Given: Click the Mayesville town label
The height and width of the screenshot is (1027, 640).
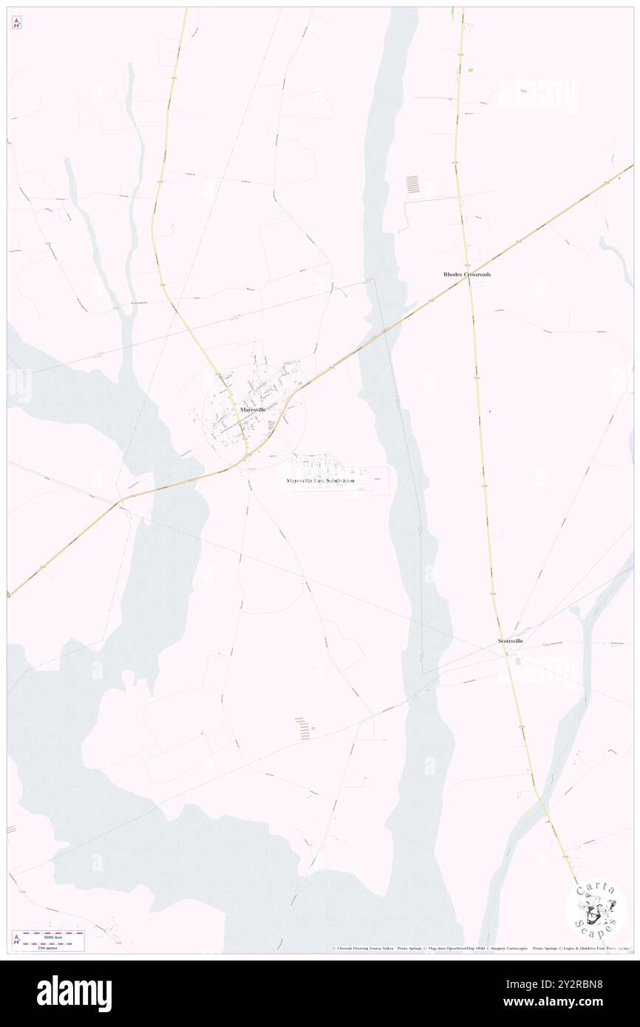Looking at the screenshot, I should coord(253,409).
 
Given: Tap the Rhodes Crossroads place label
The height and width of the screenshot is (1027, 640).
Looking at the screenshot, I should coord(467,274).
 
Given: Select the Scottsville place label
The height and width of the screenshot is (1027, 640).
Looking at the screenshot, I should coord(510,641).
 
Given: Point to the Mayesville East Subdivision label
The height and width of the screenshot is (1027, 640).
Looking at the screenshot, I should coord(321,480).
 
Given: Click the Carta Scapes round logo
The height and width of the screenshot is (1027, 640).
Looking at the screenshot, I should coord(596,908).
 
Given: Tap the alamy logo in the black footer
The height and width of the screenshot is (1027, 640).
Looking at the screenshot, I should coord(74,992).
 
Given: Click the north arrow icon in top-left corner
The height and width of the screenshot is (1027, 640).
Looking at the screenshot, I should coord(16,23).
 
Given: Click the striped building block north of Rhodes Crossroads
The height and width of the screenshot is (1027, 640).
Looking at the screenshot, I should coord(412,184).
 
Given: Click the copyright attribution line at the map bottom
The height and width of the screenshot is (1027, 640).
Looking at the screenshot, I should coord(480,948).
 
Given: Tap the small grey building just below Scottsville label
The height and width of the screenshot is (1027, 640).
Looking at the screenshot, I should coord(517,661).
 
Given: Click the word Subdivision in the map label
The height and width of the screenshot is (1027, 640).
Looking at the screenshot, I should coord(339,480).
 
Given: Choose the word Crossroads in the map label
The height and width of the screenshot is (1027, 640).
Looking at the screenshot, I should coord(477,274).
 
